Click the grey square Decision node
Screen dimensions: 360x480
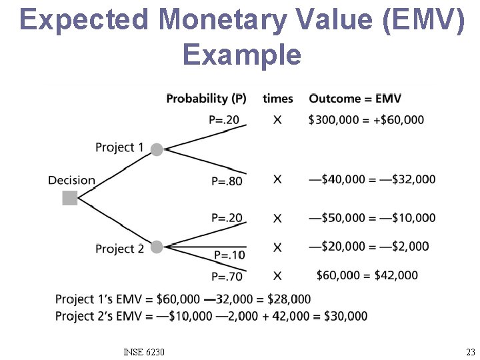70,198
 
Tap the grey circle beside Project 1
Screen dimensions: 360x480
157,149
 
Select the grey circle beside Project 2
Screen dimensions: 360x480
157,247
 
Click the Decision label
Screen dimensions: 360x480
71,180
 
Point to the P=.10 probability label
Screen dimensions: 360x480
229,255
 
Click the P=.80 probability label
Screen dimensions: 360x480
227,181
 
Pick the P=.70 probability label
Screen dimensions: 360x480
227,276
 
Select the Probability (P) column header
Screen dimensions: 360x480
206,99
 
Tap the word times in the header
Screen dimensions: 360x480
277,99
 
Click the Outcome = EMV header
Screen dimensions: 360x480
355,99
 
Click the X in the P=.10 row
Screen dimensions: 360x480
277,247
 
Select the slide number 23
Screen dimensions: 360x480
470,352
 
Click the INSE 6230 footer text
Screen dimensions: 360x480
144,352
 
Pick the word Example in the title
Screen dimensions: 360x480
241,54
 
